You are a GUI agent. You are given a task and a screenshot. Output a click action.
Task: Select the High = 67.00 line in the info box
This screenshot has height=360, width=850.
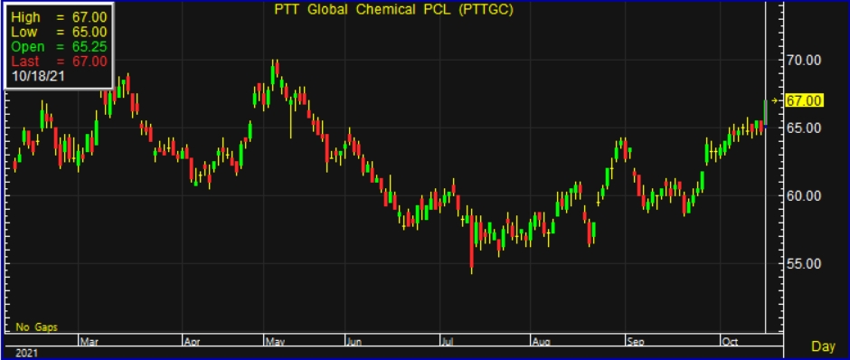(x=58, y=17)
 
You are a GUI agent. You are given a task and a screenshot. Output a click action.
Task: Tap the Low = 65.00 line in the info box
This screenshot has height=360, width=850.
(x=58, y=32)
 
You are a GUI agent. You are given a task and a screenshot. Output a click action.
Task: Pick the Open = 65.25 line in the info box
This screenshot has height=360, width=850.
(x=58, y=46)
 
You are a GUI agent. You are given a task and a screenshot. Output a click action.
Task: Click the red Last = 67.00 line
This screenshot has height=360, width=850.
(x=58, y=61)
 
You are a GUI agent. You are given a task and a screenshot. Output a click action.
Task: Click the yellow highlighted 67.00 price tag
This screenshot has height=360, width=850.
(x=803, y=100)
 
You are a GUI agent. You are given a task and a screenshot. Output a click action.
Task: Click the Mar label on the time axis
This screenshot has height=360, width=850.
(x=89, y=342)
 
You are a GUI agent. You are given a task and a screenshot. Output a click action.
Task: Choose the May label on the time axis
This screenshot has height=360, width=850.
(x=273, y=342)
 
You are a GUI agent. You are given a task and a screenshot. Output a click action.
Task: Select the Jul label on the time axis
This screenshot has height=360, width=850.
(x=447, y=342)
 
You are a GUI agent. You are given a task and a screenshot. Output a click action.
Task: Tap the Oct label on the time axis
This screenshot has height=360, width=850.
(x=729, y=342)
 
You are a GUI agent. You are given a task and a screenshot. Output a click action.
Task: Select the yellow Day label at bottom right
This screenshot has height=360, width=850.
(x=822, y=346)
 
